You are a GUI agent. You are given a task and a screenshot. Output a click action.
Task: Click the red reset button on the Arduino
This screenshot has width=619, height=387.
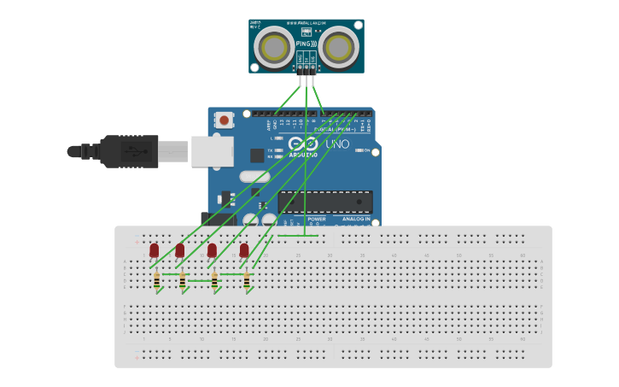224,120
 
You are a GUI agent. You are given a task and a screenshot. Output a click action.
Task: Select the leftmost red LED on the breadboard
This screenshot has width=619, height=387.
154,250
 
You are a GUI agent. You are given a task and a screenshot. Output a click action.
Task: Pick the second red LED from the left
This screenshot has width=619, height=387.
180,250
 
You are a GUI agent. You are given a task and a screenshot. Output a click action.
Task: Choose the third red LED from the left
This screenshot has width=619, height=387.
212,250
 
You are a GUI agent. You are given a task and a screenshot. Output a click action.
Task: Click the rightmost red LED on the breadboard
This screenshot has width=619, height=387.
244,250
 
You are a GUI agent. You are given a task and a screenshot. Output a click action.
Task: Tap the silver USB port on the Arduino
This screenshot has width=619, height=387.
212,151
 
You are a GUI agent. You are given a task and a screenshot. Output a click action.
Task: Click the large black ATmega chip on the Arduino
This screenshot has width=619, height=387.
324,202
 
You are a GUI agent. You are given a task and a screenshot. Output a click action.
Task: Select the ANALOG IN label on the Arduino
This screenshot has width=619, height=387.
355,220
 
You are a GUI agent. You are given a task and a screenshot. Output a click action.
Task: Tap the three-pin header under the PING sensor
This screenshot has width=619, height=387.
307,67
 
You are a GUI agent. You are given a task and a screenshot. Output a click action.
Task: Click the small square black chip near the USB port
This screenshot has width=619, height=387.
257,155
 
